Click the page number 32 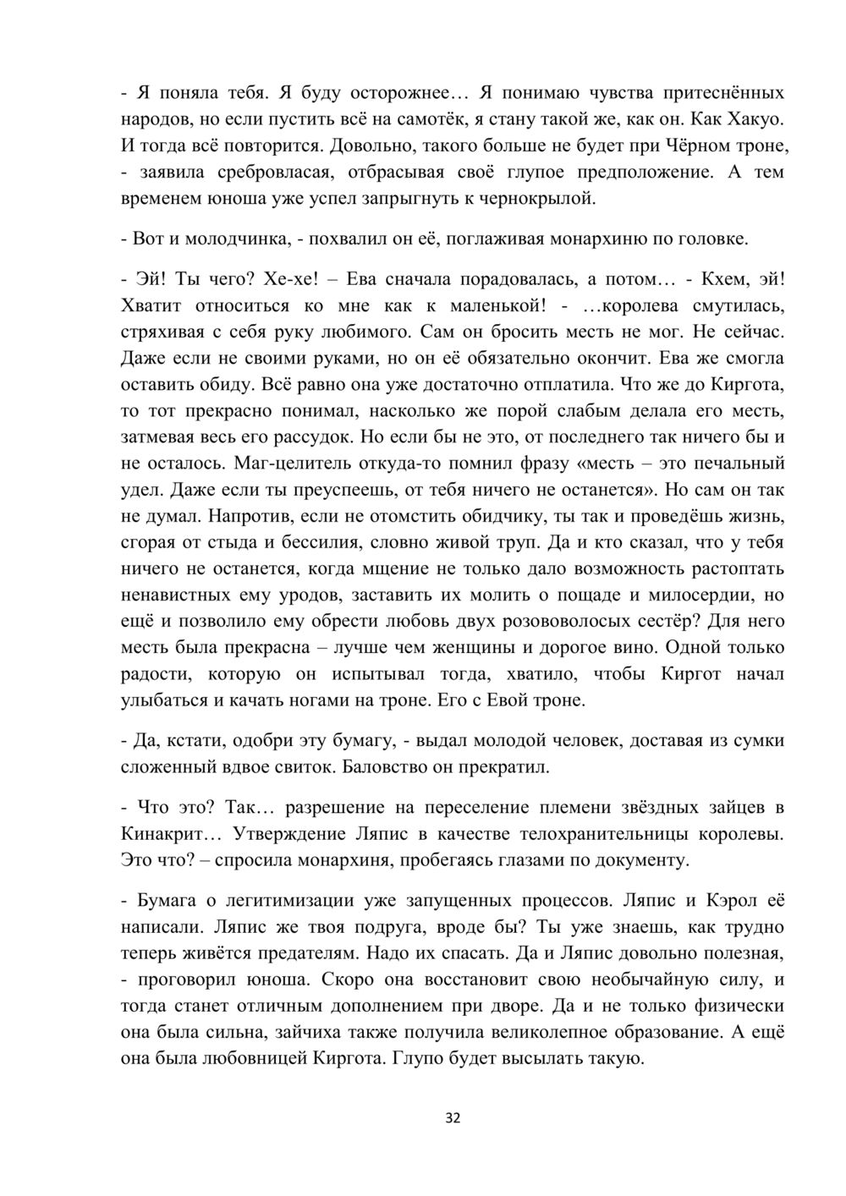click(x=453, y=1119)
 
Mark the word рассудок click(x=310, y=437)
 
